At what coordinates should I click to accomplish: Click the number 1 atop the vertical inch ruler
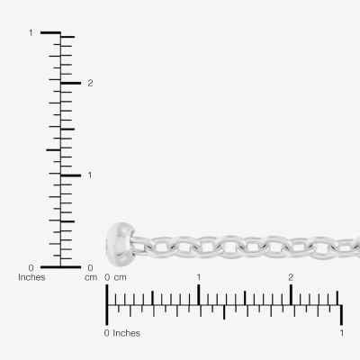click(31, 32)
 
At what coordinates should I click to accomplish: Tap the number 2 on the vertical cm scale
click(90, 83)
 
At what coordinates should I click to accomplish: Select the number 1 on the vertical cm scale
click(90, 175)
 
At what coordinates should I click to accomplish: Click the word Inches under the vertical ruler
click(31, 277)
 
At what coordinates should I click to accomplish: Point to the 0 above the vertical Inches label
click(31, 267)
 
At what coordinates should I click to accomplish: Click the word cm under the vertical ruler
click(91, 277)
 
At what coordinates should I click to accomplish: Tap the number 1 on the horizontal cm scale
click(199, 277)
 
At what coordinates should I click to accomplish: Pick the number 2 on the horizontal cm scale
click(291, 277)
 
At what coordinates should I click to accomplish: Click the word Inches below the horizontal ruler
click(126, 333)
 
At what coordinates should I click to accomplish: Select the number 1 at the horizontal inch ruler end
click(341, 333)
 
